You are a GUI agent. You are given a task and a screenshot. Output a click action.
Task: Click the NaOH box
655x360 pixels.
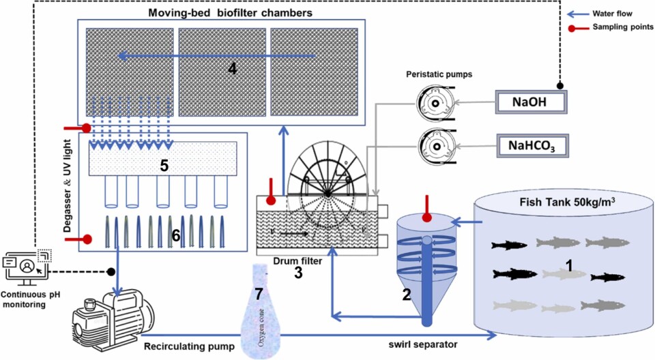[x=531, y=102]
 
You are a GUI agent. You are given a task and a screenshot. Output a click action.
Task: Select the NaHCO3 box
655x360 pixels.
[x=531, y=145]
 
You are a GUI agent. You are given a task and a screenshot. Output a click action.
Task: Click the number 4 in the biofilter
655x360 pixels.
[x=232, y=69]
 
